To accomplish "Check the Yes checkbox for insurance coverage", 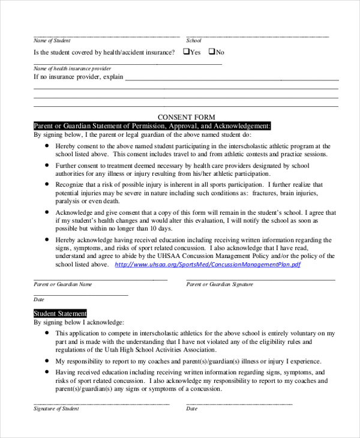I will pyautogui.click(x=185, y=52).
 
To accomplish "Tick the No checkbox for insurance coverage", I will pyautogui.click(x=212, y=52).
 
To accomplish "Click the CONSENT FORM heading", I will pyautogui.click(x=186, y=117).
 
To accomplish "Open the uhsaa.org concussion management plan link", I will pyautogui.click(x=207, y=264).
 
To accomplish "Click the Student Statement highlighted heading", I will pyautogui.click(x=60, y=313).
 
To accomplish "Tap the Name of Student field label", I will pyautogui.click(x=52, y=41).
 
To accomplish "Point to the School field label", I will pyautogui.click(x=194, y=41).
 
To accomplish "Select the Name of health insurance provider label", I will pyautogui.click(x=72, y=68).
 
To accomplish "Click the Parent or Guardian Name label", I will pyautogui.click(x=63, y=284).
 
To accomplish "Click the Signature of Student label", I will pyautogui.click(x=56, y=409).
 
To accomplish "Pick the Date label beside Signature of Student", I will pyautogui.click(x=191, y=409).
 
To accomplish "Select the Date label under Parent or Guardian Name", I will pyautogui.click(x=39, y=299).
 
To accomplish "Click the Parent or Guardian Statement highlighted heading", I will pyautogui.click(x=152, y=126).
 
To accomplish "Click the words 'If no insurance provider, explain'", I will pyautogui.click(x=78, y=77).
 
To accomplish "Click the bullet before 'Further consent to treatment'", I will pyautogui.click(x=47, y=166).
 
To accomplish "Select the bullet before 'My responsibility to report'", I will pyautogui.click(x=47, y=362).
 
